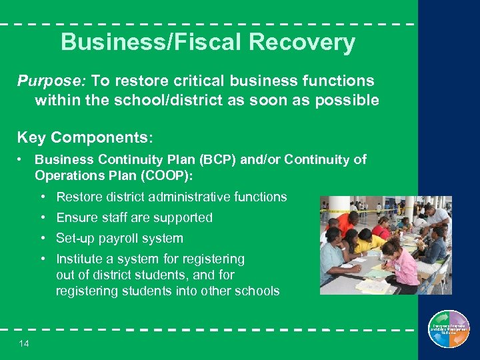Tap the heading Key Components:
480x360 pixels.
85,138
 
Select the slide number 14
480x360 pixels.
24,343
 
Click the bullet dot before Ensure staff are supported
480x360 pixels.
42,217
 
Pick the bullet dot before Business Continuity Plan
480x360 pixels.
22,160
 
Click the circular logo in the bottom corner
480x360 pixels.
449,329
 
